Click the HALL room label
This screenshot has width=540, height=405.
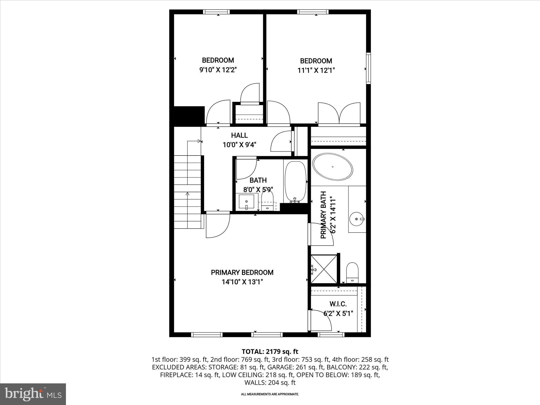tap(239, 135)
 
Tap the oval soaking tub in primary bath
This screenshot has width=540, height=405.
tap(332, 167)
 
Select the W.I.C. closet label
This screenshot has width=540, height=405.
tap(338, 304)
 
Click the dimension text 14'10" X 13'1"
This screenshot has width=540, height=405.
tap(242, 282)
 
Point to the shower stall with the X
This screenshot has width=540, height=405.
tap(324, 269)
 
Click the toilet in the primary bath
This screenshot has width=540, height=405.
tap(352, 272)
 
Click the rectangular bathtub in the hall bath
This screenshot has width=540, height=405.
tap(295, 181)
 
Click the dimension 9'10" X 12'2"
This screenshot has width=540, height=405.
tap(218, 70)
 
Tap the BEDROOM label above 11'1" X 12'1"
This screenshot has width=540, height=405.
tap(316, 61)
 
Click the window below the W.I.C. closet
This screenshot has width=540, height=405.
tap(331, 335)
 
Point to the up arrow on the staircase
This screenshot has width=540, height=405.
tap(187, 194)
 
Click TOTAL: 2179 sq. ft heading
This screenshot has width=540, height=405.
tap(270, 351)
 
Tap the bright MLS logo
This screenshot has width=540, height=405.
tap(33, 394)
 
